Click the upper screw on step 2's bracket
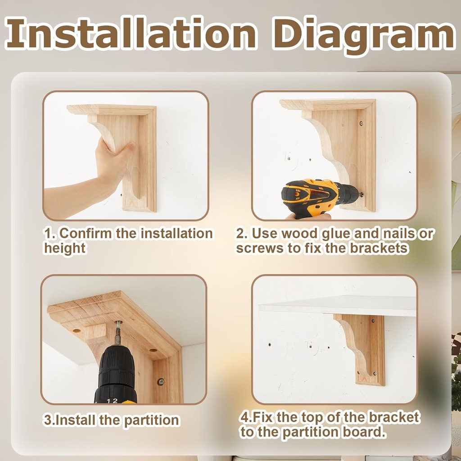point(361,122)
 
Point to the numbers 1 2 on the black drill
point(113,400)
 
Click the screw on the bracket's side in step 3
point(160,381)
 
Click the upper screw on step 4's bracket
point(373,321)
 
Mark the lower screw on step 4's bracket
point(374,373)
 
